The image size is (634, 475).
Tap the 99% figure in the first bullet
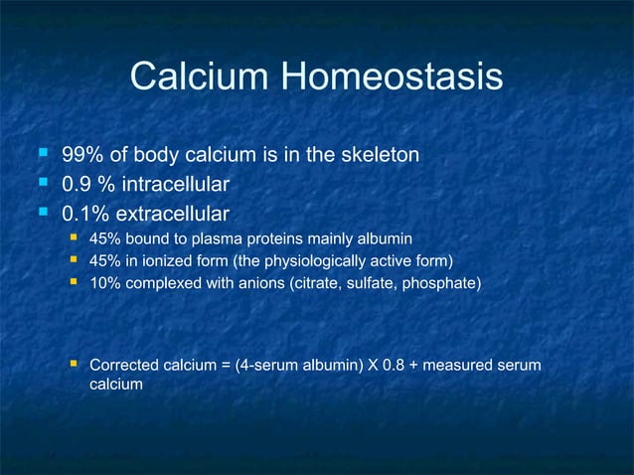79,156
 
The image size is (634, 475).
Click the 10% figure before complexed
104,285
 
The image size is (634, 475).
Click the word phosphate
453,285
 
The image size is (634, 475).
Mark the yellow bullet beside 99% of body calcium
43,155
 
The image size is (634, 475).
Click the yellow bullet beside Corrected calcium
74,365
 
